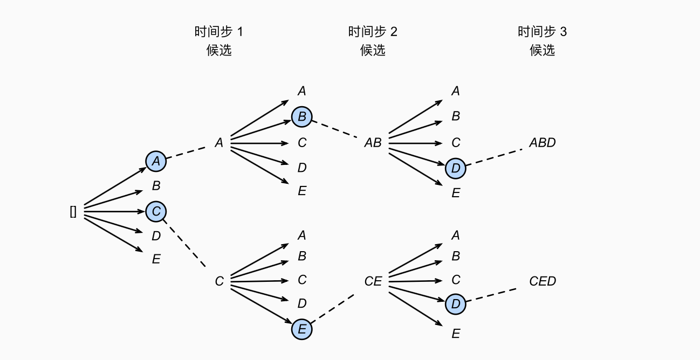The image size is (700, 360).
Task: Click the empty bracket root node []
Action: [73, 212]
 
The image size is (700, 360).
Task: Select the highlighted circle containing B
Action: [302, 116]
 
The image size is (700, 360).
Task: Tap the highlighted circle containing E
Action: [302, 329]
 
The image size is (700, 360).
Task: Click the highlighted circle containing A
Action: [156, 161]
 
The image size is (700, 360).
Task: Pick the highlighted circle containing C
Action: [156, 211]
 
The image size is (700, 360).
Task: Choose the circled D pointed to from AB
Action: [456, 169]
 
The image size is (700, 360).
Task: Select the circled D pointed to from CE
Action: [456, 304]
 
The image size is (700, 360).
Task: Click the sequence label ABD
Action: [542, 143]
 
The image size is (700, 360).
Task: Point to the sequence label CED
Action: [542, 281]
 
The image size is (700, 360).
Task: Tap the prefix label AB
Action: [373, 143]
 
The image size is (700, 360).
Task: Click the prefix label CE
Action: [373, 281]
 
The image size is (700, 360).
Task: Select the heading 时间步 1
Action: [218, 32]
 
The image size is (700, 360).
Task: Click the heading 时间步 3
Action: [542, 32]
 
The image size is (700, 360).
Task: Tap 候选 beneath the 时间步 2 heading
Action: [373, 50]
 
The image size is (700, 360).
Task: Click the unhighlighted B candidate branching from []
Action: [156, 186]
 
